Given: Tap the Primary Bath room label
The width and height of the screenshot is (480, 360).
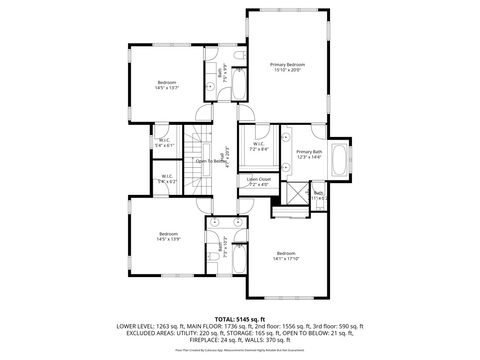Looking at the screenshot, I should point(309,154).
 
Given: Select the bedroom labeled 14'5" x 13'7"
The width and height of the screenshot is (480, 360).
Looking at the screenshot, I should point(166,85).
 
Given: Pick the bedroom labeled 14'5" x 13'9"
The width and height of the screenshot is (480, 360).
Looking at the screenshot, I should point(166,236).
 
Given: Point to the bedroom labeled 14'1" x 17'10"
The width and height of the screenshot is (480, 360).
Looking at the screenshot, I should point(287,256).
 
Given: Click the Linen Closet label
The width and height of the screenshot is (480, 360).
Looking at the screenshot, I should point(258,182).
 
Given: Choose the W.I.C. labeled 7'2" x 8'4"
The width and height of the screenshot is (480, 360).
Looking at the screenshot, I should point(258,146).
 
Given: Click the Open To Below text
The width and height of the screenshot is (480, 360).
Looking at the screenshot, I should point(212,161).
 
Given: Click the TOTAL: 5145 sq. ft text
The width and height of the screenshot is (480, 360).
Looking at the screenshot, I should point(239,318).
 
